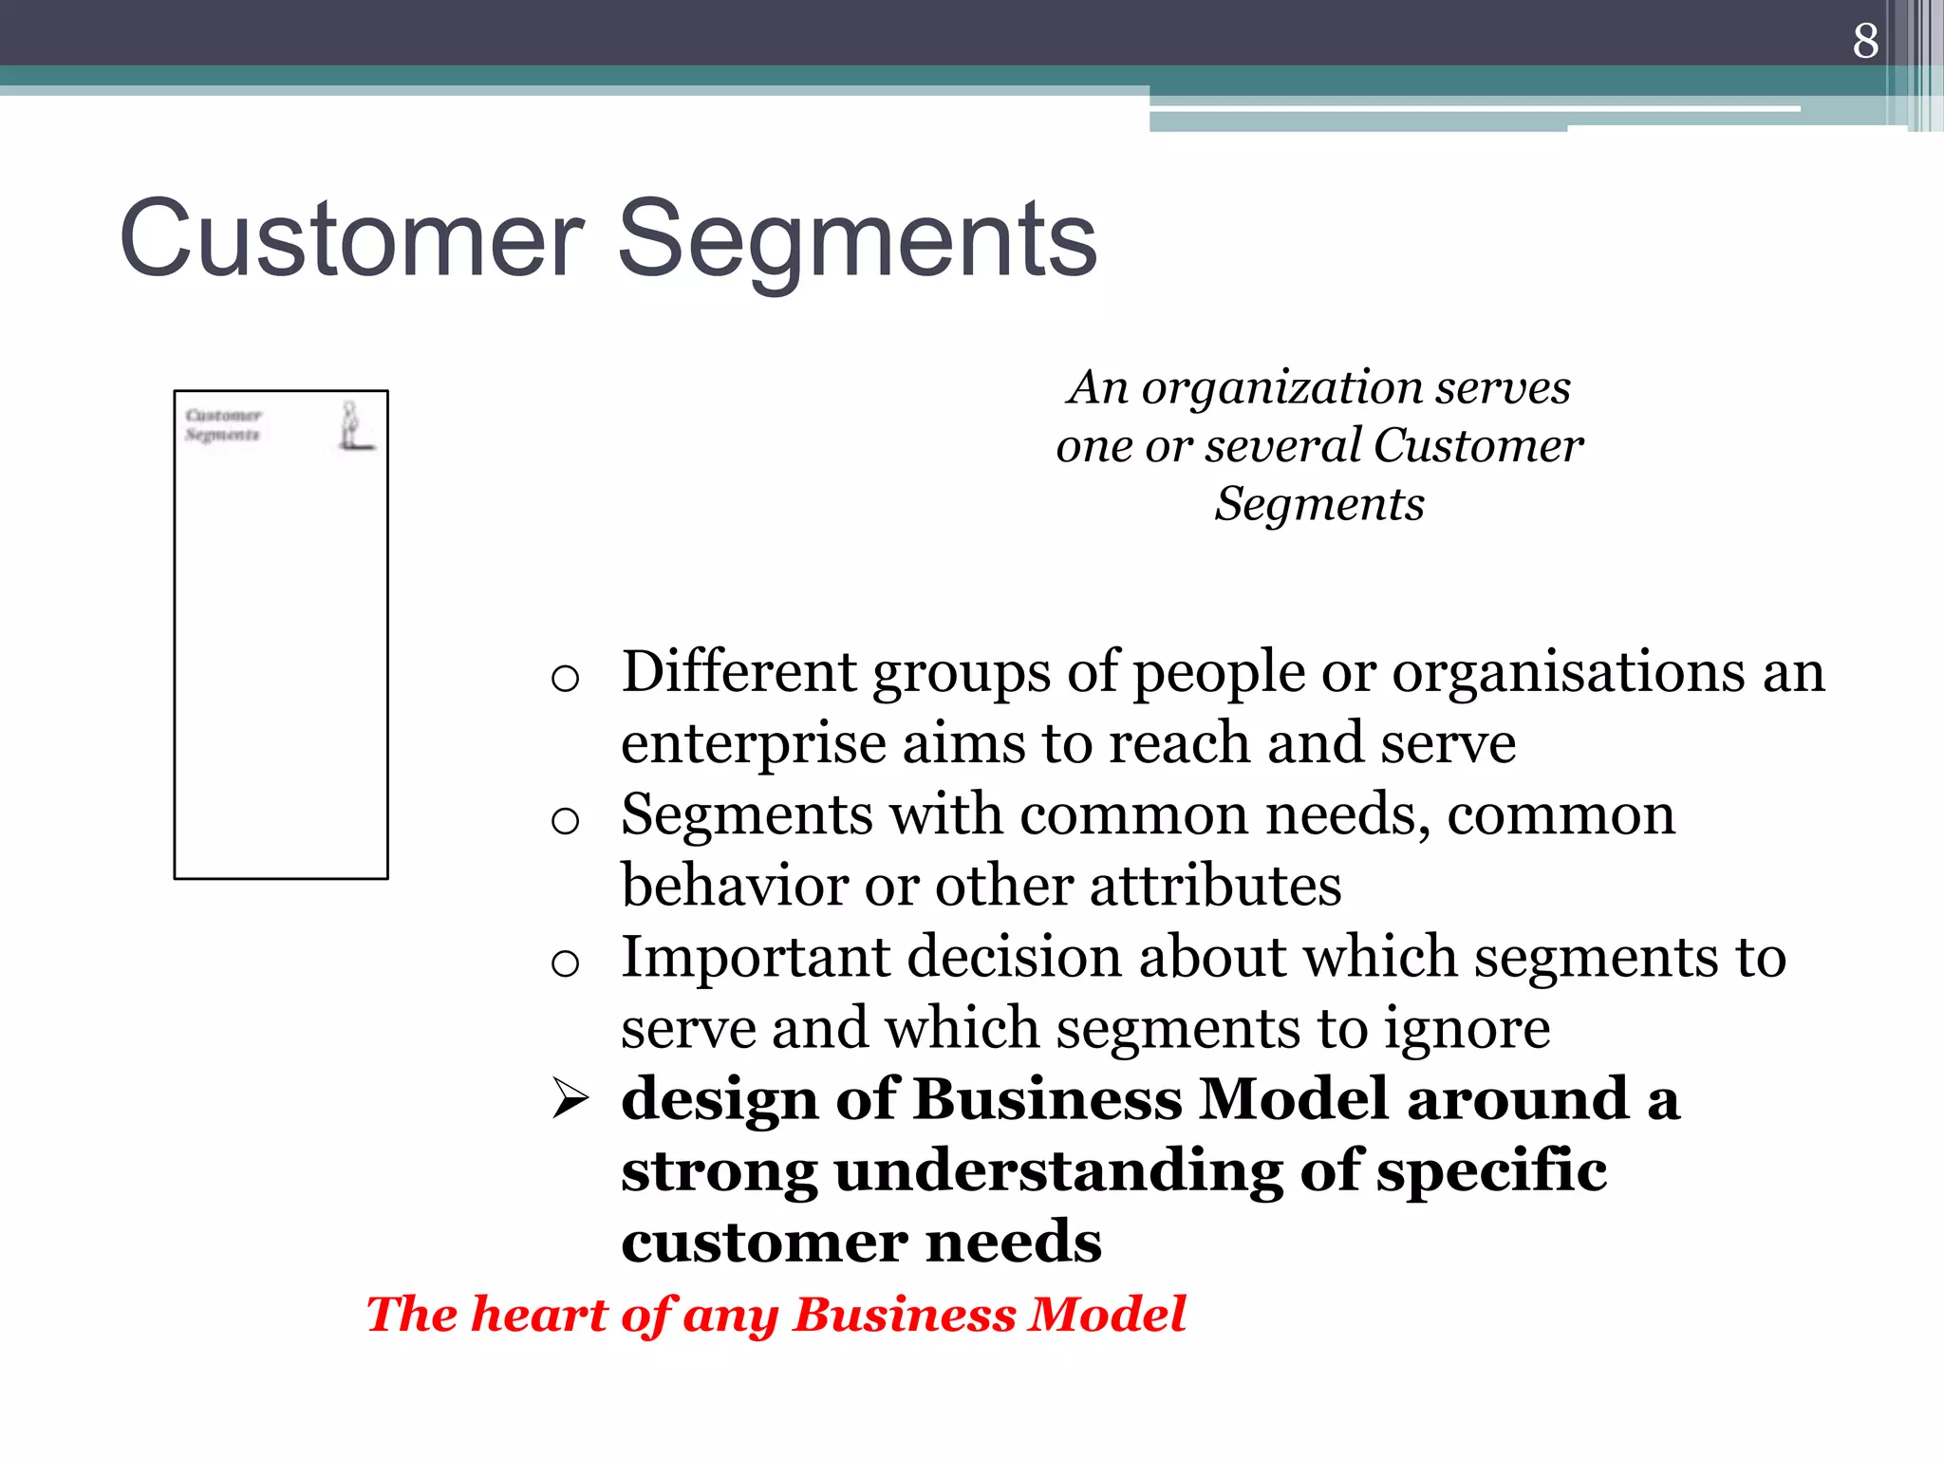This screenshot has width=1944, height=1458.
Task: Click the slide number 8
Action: click(1864, 41)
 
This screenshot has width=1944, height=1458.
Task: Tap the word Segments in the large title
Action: click(857, 240)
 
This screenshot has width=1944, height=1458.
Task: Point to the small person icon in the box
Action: click(352, 425)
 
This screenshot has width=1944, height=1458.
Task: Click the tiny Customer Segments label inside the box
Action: click(223, 424)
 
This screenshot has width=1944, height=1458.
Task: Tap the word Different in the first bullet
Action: click(738, 672)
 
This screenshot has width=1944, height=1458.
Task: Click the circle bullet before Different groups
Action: click(565, 679)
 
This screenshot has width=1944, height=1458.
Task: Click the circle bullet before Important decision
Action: click(565, 963)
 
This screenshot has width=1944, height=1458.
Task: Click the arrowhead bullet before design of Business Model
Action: click(570, 1101)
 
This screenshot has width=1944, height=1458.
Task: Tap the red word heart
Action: click(538, 1315)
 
